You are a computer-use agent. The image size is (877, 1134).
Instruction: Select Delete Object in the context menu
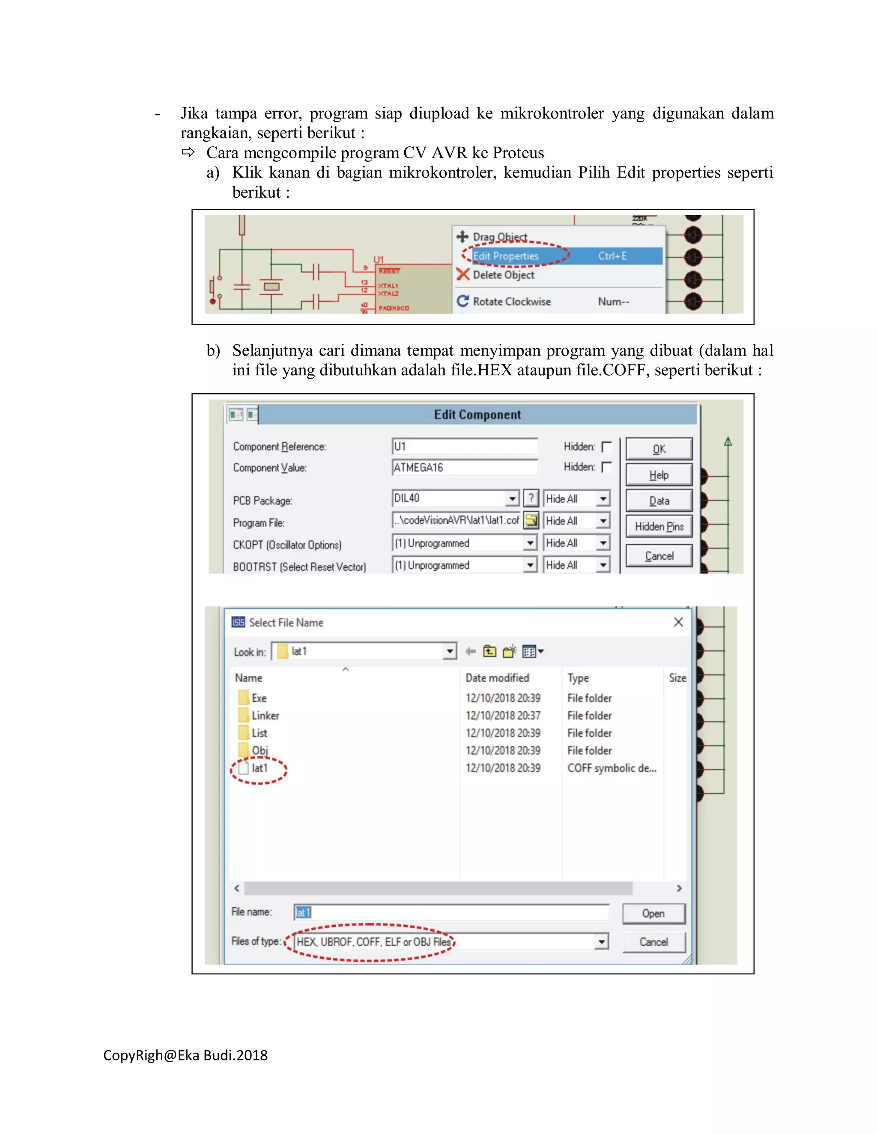tap(503, 275)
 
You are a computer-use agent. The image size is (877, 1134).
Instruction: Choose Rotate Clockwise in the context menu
tap(511, 302)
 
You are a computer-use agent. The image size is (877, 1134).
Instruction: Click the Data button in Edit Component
tap(658, 501)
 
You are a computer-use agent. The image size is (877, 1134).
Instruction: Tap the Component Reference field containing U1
tap(464, 446)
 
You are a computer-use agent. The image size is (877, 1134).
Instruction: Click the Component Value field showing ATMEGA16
tap(464, 467)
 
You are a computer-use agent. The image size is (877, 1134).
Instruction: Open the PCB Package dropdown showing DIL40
tap(512, 499)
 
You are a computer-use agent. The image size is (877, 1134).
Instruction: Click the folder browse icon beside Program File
tap(531, 520)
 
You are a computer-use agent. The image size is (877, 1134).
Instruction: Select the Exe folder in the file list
tap(259, 698)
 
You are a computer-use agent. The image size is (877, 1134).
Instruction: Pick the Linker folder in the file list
tap(265, 716)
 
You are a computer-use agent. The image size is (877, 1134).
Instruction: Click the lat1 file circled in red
tap(259, 769)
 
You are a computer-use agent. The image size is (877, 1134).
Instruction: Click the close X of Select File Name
tap(678, 622)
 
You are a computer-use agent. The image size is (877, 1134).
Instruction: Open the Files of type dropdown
tap(601, 941)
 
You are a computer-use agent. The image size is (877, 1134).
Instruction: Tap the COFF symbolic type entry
tap(612, 769)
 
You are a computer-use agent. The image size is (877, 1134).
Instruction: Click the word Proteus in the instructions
tap(518, 153)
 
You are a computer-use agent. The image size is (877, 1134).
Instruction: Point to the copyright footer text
tap(185, 1056)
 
